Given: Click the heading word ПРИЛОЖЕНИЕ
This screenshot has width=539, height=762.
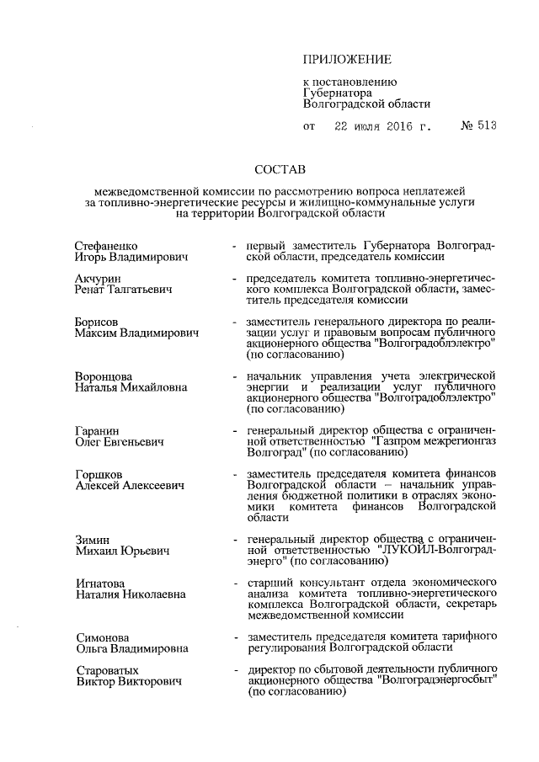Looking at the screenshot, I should (x=347, y=59).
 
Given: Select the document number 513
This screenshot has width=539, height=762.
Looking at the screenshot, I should (x=486, y=127).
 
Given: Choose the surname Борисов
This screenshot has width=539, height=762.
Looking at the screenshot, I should (x=96, y=322).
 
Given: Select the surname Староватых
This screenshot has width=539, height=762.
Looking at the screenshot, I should (x=105, y=669).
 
